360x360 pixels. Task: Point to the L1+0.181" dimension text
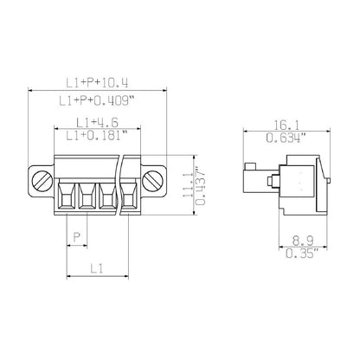point(96,135)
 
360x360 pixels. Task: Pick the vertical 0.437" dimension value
point(202,184)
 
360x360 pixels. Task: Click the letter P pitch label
point(77,237)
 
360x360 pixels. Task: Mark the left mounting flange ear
point(40,183)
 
